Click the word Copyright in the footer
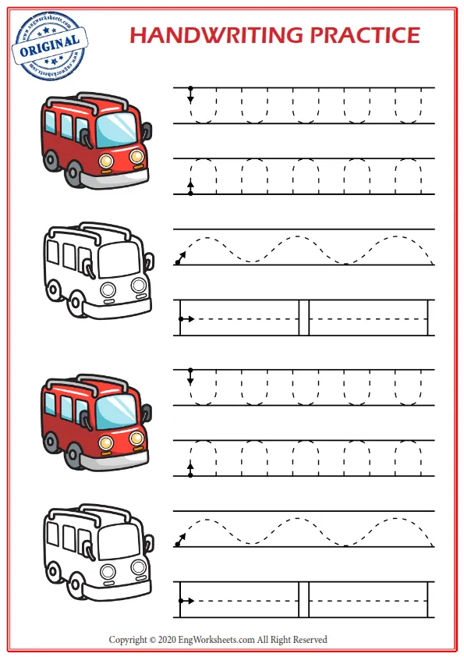[x=127, y=640]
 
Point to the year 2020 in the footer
[x=167, y=640]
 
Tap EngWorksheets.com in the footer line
[x=219, y=640]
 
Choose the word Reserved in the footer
[x=310, y=640]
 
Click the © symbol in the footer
[x=152, y=640]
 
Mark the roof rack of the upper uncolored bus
[x=90, y=229]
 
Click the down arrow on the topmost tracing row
[x=189, y=97]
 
